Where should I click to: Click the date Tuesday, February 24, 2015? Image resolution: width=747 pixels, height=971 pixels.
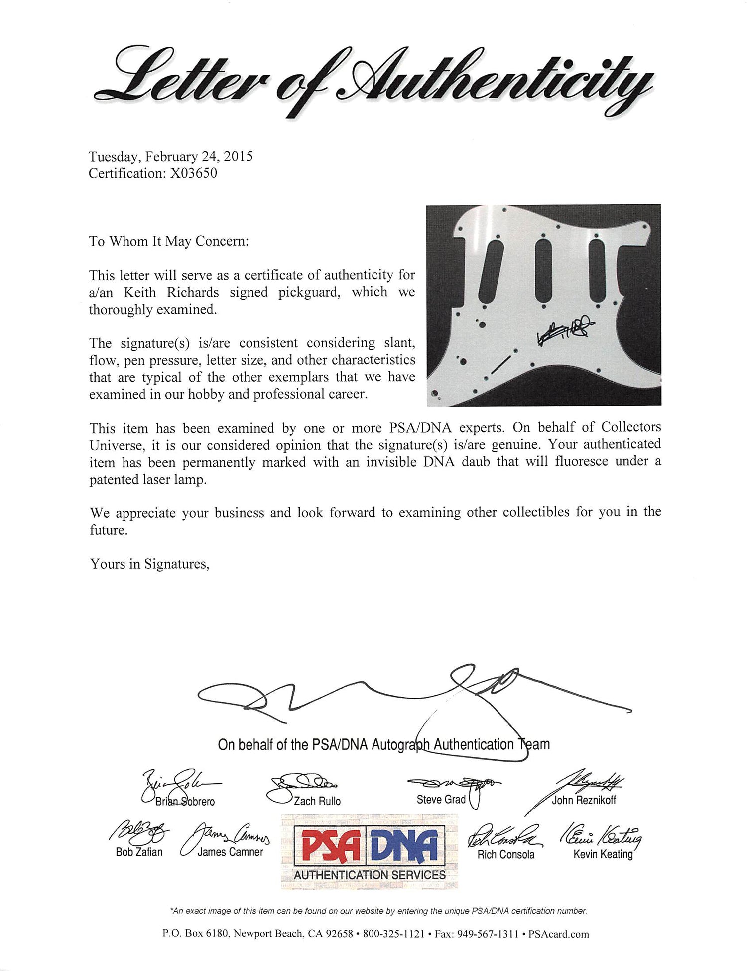(170, 157)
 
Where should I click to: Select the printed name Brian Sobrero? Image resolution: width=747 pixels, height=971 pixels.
(185, 802)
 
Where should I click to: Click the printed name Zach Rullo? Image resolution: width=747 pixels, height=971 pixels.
(317, 801)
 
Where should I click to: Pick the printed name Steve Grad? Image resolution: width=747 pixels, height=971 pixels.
(441, 800)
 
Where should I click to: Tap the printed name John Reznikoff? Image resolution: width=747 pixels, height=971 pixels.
(584, 800)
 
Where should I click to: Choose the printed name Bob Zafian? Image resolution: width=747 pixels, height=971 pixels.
(139, 852)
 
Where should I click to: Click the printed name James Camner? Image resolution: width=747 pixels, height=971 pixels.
(230, 852)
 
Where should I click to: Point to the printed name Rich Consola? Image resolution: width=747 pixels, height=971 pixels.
(505, 855)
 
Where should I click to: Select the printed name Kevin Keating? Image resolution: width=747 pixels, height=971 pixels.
(603, 854)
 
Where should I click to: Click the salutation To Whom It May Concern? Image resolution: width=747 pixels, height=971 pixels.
(168, 241)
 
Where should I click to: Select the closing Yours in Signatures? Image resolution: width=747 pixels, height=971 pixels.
(149, 564)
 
